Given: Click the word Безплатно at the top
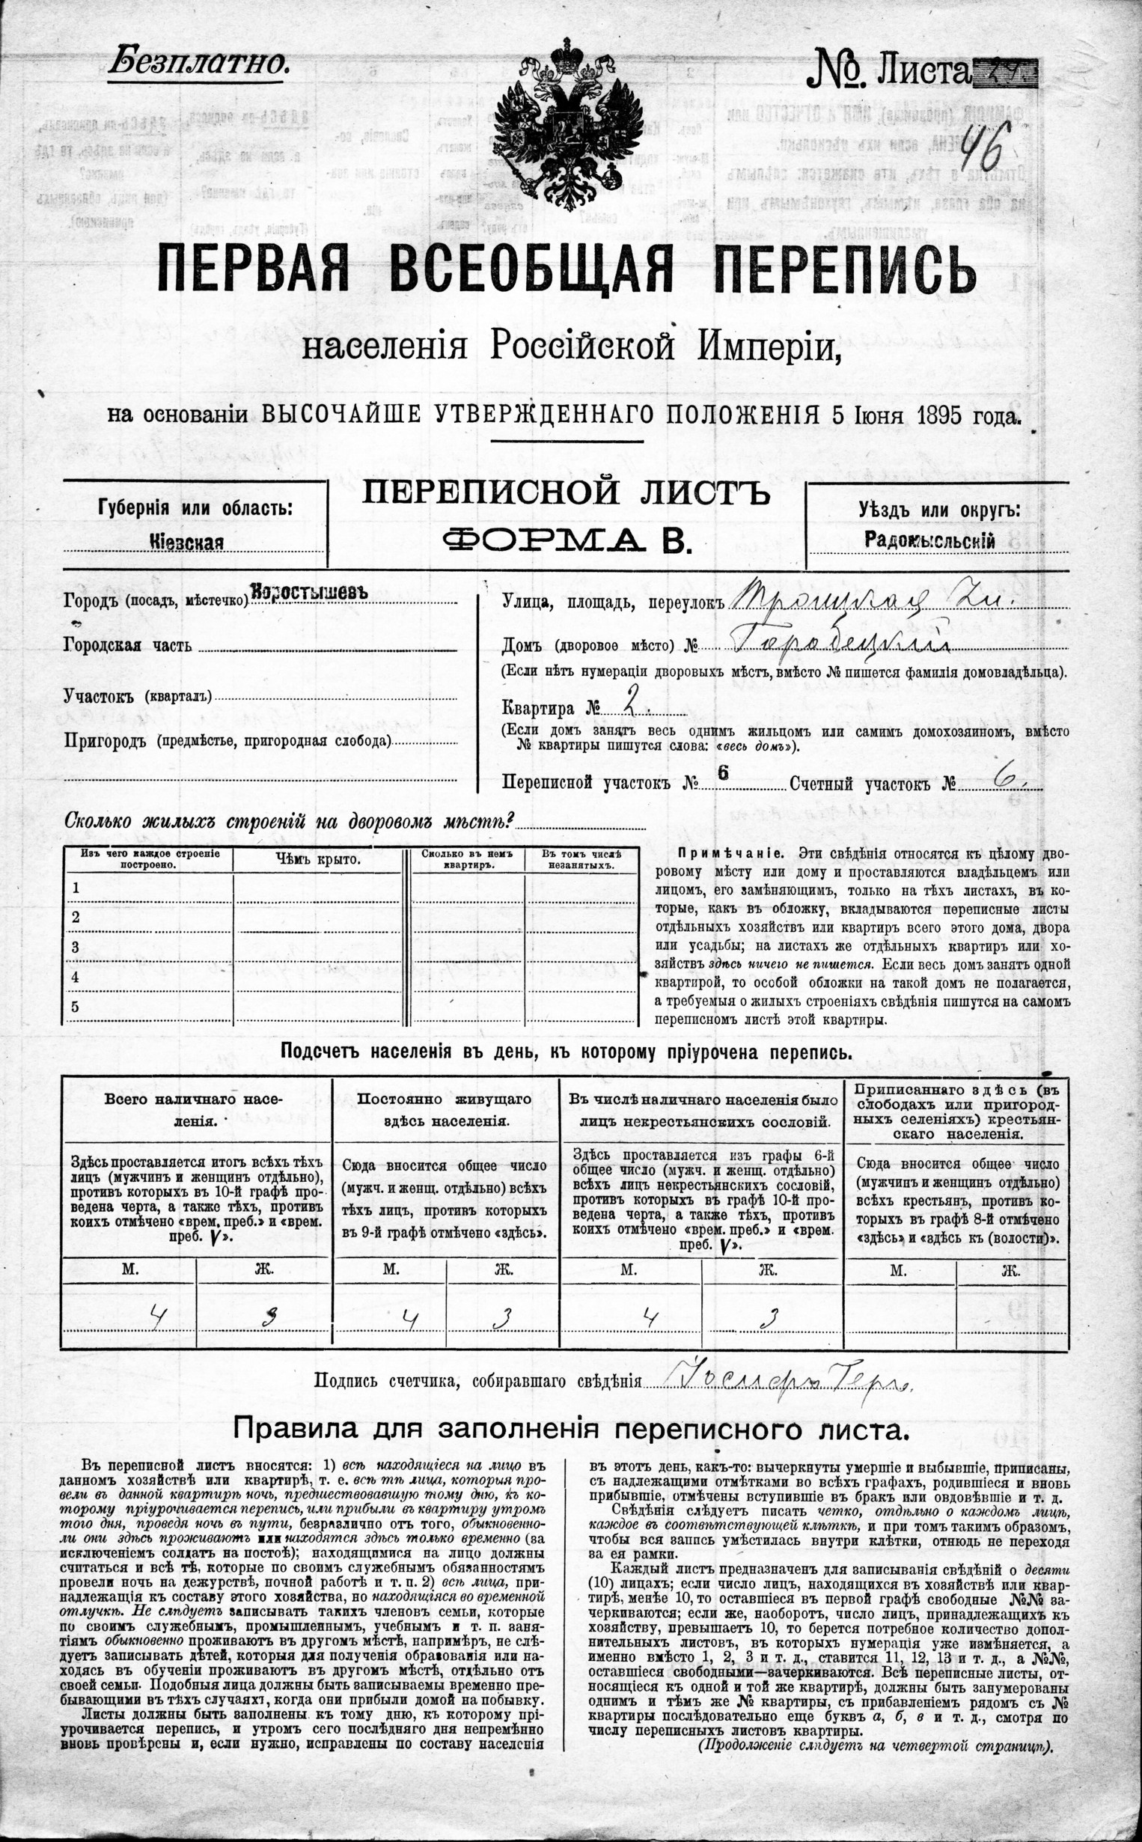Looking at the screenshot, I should (198, 64).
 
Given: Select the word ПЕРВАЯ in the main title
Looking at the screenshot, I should (252, 271).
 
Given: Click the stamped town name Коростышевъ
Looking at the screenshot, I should (309, 592).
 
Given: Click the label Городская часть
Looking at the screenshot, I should (128, 647).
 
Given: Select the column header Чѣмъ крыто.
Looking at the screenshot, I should (317, 859).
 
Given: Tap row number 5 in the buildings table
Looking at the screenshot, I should (75, 1007).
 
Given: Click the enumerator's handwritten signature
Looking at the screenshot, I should (790, 1381).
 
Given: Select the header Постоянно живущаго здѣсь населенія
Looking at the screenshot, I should (444, 1109).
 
